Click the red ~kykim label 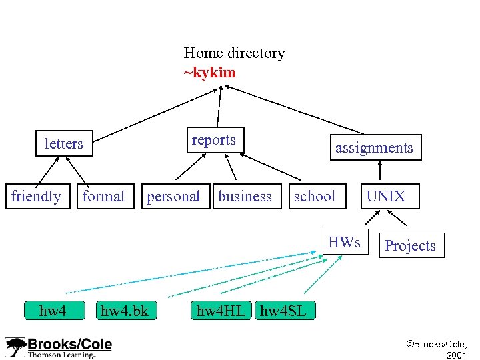coord(209,72)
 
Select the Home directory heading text coord(234,53)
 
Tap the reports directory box coord(215,140)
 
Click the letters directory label coord(64,143)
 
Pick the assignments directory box coord(374,148)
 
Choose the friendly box coord(37,196)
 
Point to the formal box coord(103,196)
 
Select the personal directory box coord(173,196)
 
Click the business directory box coord(245,196)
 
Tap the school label coord(315,196)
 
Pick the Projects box coord(410,245)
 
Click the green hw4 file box coord(53,310)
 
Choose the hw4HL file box coord(221,310)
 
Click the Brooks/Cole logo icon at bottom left coord(15,347)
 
